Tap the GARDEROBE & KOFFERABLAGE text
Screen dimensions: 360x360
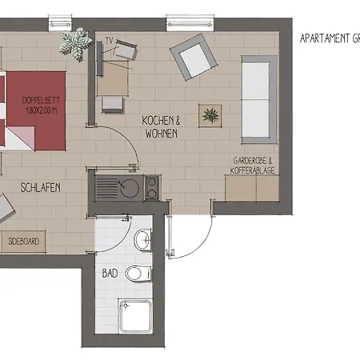pyautogui.click(x=253, y=165)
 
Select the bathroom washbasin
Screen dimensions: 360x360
pyautogui.click(x=143, y=238)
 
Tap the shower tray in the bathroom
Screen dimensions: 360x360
pyautogui.click(x=135, y=317)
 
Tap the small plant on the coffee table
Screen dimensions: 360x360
pyautogui.click(x=211, y=116)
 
